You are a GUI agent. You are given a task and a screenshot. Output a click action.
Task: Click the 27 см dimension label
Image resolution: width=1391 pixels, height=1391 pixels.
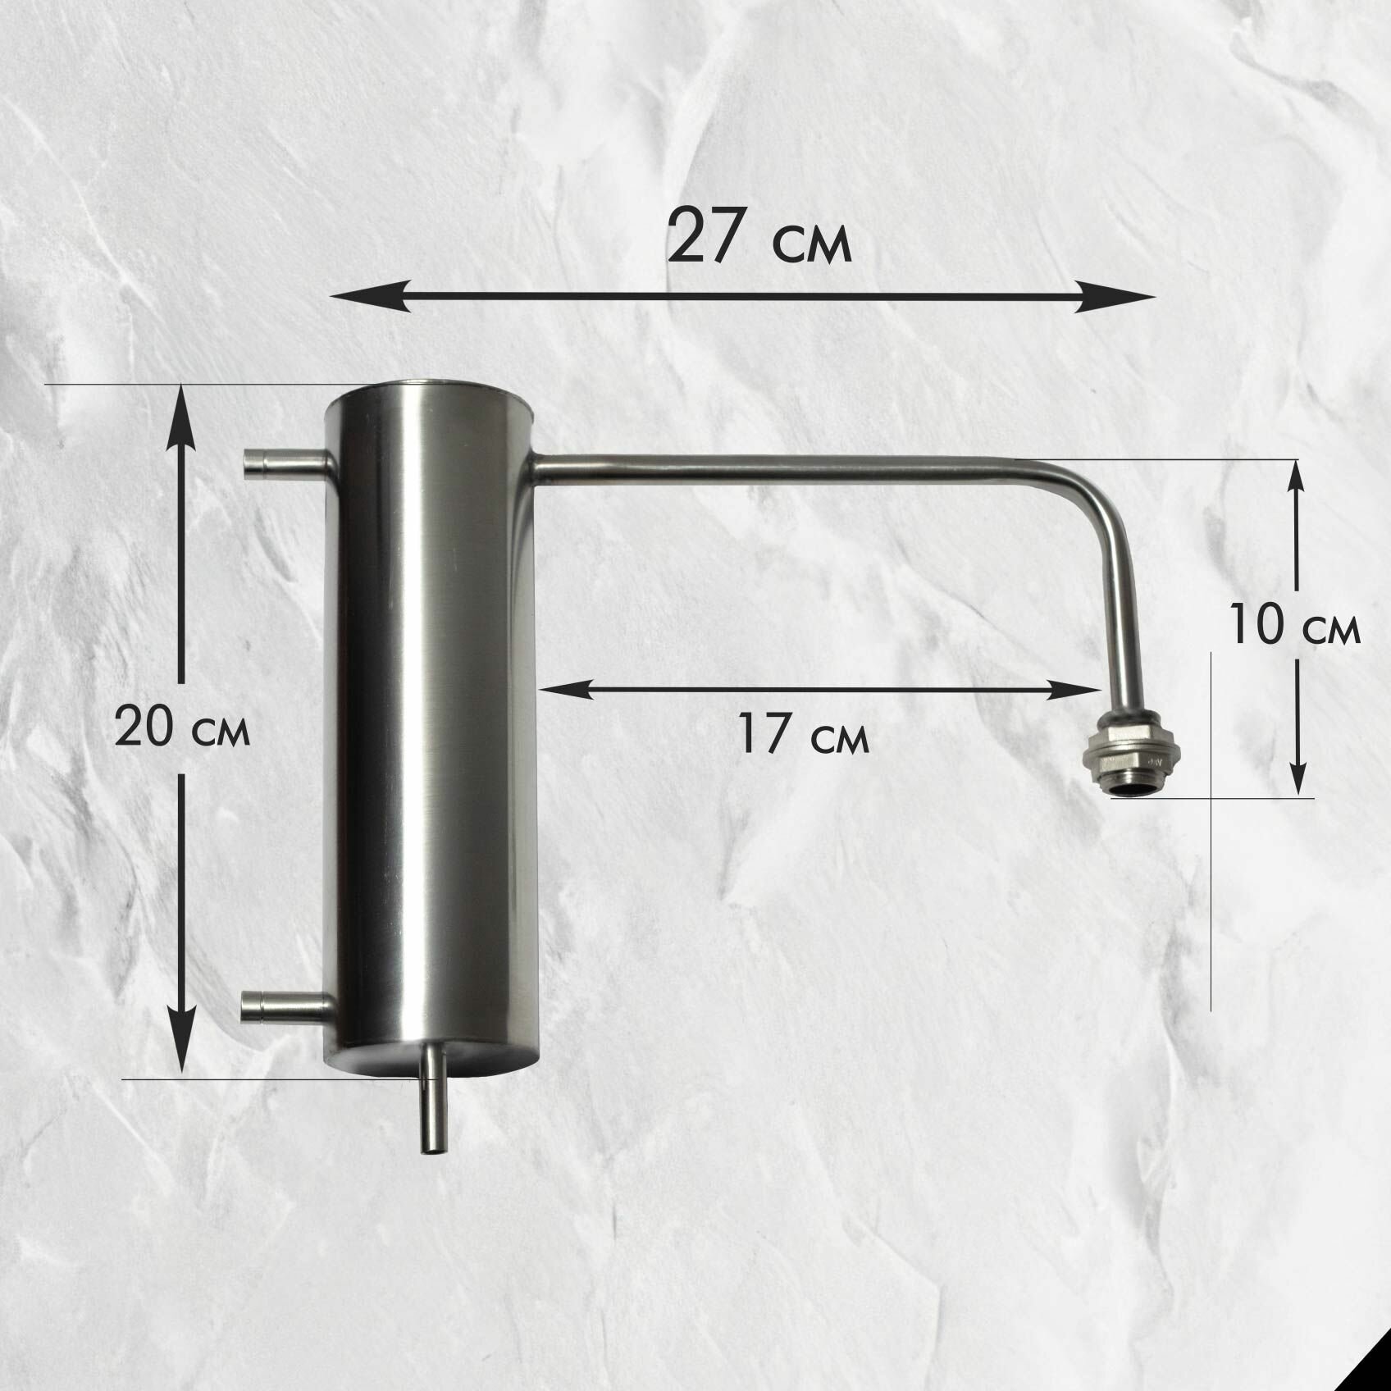point(760,237)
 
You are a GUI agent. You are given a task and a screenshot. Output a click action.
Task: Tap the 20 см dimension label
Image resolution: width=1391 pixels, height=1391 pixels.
point(181,727)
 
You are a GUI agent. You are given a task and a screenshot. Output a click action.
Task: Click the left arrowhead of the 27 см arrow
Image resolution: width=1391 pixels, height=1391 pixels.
point(368,295)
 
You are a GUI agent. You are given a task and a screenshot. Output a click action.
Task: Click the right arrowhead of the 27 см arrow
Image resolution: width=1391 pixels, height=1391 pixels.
point(1116,295)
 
